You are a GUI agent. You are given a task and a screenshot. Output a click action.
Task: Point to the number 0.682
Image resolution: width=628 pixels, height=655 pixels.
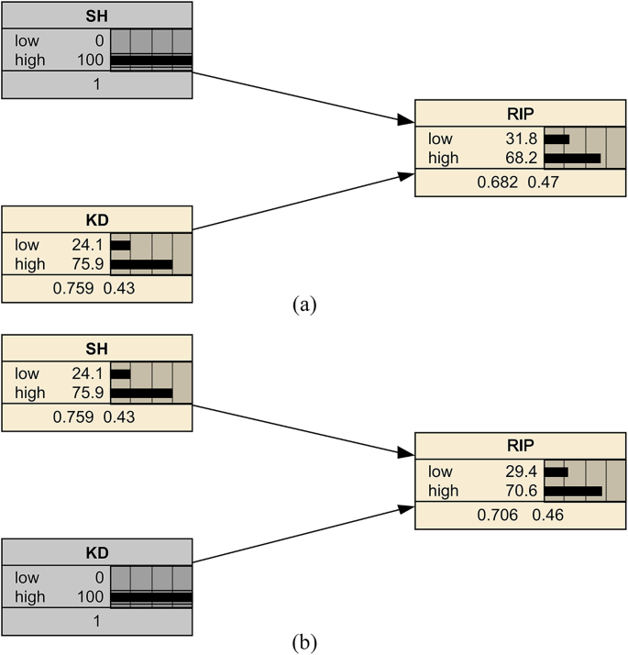(495, 182)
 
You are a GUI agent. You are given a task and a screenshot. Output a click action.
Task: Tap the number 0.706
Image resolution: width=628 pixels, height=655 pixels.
(495, 515)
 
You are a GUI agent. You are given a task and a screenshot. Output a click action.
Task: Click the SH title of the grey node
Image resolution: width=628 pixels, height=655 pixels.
(96, 15)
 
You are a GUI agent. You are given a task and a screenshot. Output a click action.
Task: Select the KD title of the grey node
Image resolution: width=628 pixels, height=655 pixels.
(96, 553)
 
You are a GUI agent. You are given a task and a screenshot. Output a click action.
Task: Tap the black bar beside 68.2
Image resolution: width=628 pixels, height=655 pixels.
(572, 158)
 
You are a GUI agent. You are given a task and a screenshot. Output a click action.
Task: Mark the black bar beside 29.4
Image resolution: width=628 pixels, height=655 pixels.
(556, 472)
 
